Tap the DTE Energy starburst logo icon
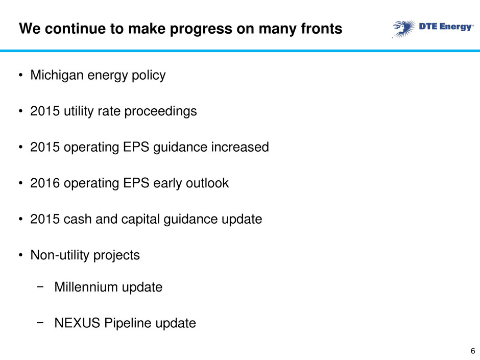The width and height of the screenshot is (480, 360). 404,29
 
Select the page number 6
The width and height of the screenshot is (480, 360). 473,351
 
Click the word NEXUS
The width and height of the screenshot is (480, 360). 77,323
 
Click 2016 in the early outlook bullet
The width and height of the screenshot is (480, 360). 45,183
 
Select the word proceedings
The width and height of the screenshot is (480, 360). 160,112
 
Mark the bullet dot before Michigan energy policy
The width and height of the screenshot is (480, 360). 20,75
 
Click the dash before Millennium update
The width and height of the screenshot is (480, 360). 40,287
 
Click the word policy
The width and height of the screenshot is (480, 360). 149,76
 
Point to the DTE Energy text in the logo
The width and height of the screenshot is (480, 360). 446,27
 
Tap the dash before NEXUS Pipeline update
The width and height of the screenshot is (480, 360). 40,323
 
